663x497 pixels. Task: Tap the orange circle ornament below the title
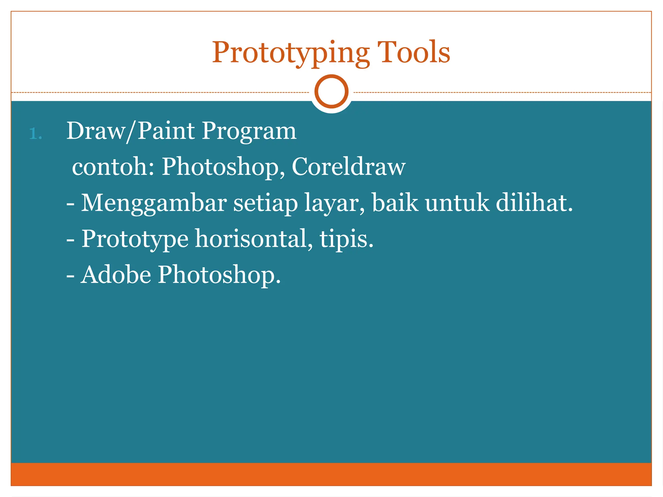pyautogui.click(x=331, y=92)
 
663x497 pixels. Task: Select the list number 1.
pyautogui.click(x=35, y=134)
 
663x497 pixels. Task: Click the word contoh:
pyautogui.click(x=113, y=167)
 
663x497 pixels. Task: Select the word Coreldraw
pyautogui.click(x=348, y=167)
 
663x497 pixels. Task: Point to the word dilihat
pyautogui.click(x=534, y=203)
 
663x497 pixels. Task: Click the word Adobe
pyautogui.click(x=116, y=275)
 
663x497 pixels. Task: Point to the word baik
pyautogui.click(x=395, y=203)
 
